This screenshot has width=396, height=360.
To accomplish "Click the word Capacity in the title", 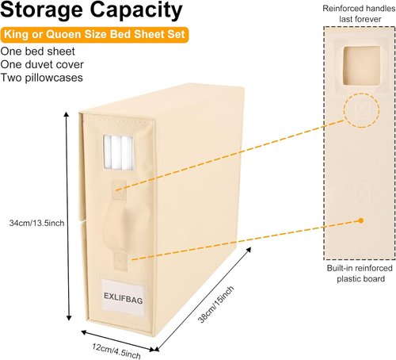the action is tap(136, 10).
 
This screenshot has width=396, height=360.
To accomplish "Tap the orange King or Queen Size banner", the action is tap(94, 35).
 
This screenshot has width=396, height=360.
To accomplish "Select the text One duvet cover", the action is tap(42, 64).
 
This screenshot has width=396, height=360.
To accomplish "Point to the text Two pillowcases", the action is tap(42, 78).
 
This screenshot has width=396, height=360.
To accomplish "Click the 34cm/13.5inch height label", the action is tap(36, 223).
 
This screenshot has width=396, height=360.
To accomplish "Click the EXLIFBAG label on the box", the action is tap(124, 298).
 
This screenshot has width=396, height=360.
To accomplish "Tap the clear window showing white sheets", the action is tap(118, 152).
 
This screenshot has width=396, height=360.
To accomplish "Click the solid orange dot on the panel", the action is tap(361, 220).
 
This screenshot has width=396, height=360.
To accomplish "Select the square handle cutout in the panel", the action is tap(362, 66).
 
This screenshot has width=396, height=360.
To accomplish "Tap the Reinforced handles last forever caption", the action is tap(359, 13).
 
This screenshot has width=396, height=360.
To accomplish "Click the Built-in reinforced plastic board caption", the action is tap(360, 274).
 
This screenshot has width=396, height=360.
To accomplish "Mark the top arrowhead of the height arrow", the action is tap(67, 114).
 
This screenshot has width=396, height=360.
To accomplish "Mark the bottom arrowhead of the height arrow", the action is tap(69, 318).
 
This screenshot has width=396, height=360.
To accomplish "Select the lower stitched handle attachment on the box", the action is tap(120, 260).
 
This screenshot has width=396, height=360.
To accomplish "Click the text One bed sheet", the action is tap(38, 52).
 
